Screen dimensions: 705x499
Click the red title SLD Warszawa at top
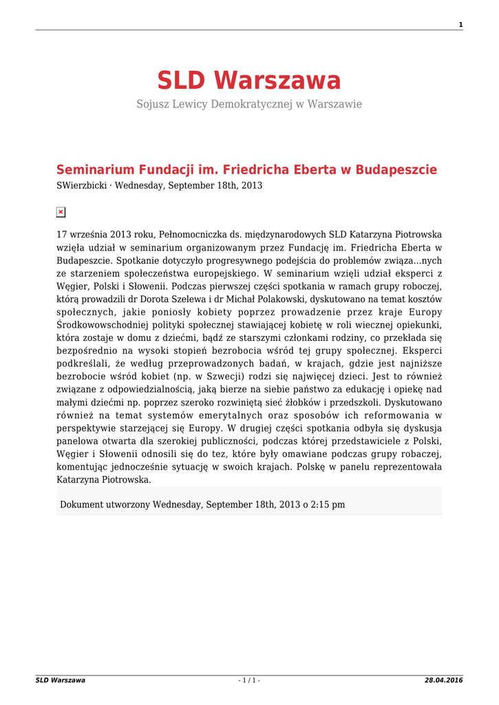249,81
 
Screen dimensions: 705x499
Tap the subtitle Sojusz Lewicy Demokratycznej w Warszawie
249,104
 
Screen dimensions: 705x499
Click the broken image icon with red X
61,212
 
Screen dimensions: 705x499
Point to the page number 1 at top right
460,25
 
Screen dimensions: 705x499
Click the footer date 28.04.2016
444,681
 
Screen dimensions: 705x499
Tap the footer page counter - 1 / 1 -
249,681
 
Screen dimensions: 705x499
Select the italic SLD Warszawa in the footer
61,681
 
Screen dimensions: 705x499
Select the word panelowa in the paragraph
78,441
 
